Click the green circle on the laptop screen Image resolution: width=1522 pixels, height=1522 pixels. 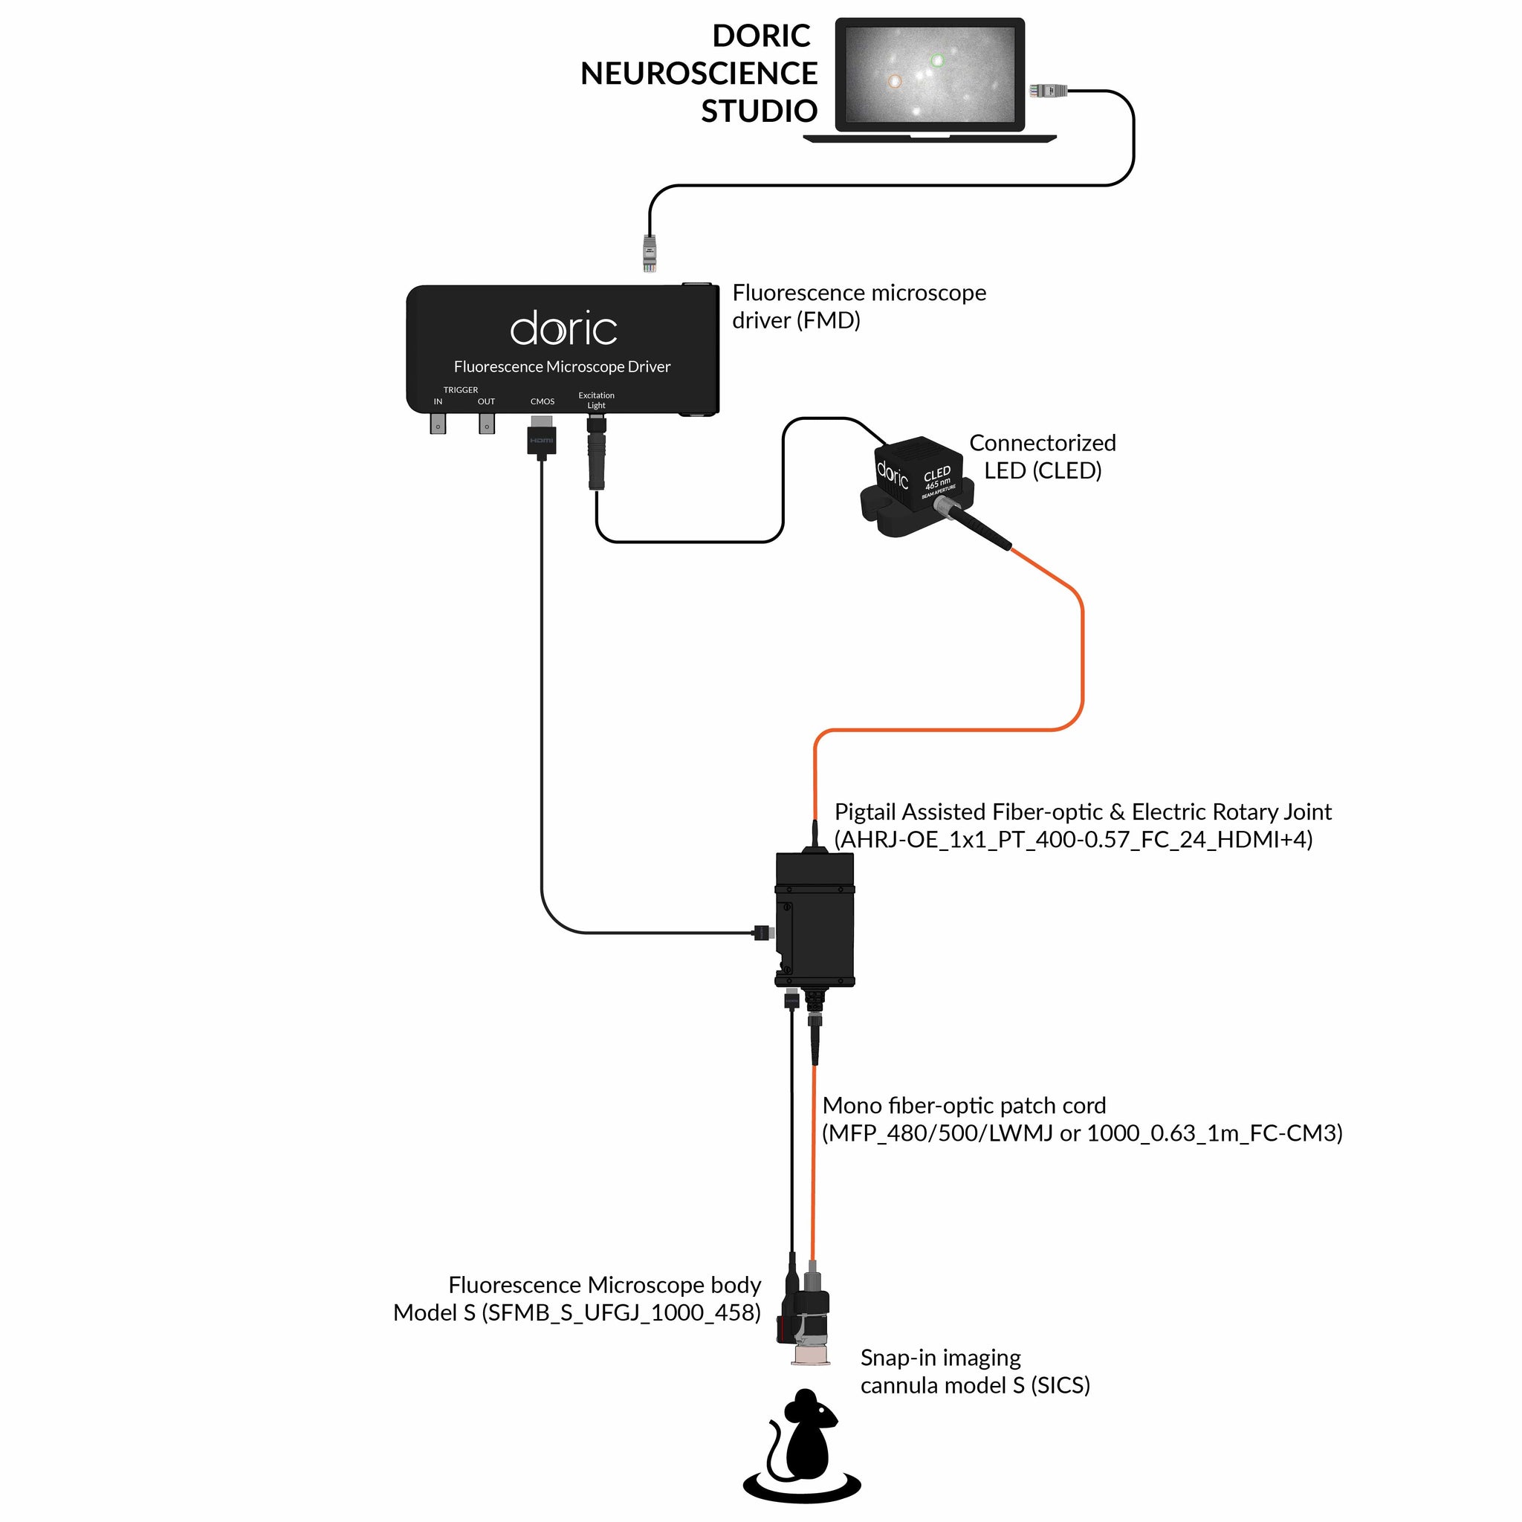pos(936,61)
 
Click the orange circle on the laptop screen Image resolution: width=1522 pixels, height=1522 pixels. pos(894,81)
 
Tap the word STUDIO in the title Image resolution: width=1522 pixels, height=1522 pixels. pos(759,111)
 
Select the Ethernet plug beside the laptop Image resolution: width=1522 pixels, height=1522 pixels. pos(1048,91)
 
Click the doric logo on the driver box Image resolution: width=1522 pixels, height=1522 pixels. pos(563,329)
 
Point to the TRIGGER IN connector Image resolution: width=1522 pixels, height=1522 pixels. pos(437,424)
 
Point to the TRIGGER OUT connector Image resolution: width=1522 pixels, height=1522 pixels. pos(487,424)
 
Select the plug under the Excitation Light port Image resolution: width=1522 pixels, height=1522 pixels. pos(596,457)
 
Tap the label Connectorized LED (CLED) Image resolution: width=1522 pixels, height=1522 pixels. pos(1041,457)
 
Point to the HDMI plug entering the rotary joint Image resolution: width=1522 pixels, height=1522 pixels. pos(762,933)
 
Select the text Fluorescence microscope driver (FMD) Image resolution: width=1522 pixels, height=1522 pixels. pos(858,306)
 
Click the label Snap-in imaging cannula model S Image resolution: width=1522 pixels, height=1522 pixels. pos(974,1372)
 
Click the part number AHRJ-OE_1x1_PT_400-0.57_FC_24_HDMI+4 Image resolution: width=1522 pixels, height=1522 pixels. pos(1073,840)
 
